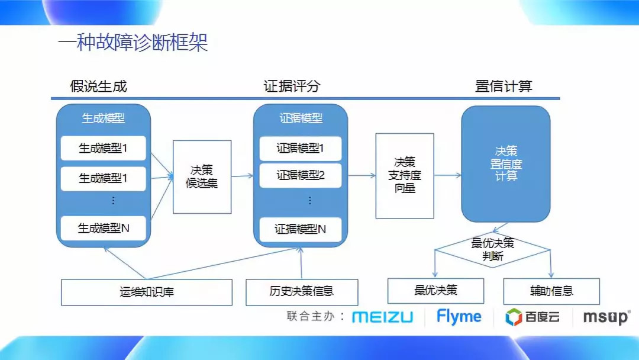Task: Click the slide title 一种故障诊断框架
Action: tap(133, 43)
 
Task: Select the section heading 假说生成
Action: tap(98, 86)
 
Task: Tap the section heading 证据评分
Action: tap(292, 86)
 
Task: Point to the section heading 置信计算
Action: tap(504, 86)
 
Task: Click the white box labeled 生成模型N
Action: tap(104, 228)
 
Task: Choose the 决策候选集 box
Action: tap(202, 176)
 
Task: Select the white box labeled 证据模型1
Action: tap(301, 149)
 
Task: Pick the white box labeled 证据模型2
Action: tap(301, 176)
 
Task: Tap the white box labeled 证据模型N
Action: tap(301, 229)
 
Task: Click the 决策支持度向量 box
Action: tap(405, 175)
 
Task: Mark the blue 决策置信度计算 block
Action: tap(506, 164)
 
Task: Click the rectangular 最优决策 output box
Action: tap(435, 291)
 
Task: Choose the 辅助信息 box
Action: tap(551, 291)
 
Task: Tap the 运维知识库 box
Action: tap(147, 292)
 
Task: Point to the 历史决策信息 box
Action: tap(302, 292)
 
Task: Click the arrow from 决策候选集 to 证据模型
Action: tap(242, 176)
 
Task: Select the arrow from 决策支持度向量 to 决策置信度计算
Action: tap(448, 175)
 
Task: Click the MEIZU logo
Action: tap(382, 317)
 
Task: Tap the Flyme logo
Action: tap(459, 317)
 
